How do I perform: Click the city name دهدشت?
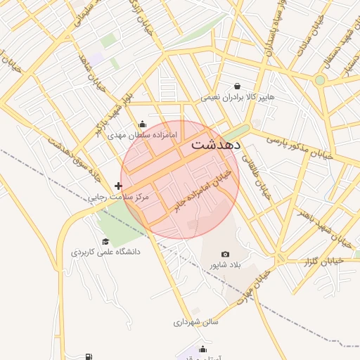(x=216, y=146)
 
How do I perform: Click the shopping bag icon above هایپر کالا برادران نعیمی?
(x=238, y=86)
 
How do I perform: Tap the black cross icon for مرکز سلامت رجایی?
(x=118, y=186)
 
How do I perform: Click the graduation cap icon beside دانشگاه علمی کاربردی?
(x=105, y=241)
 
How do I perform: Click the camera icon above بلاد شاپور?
(x=225, y=254)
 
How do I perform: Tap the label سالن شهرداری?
(x=197, y=322)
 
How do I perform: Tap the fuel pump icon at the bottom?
(x=89, y=357)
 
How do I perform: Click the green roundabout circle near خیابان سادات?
(x=320, y=80)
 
